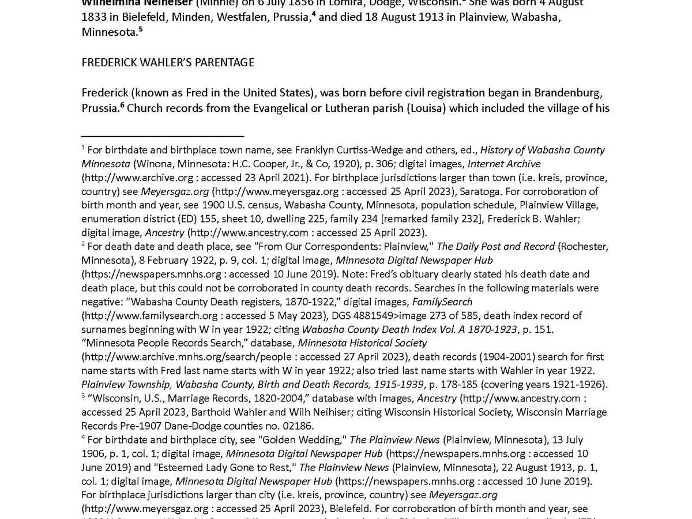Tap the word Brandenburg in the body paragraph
click(x=571, y=93)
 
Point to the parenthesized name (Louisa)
click(x=426, y=108)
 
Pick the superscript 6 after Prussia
click(x=122, y=105)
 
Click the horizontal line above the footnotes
click(x=163, y=136)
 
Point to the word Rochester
click(x=584, y=247)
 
